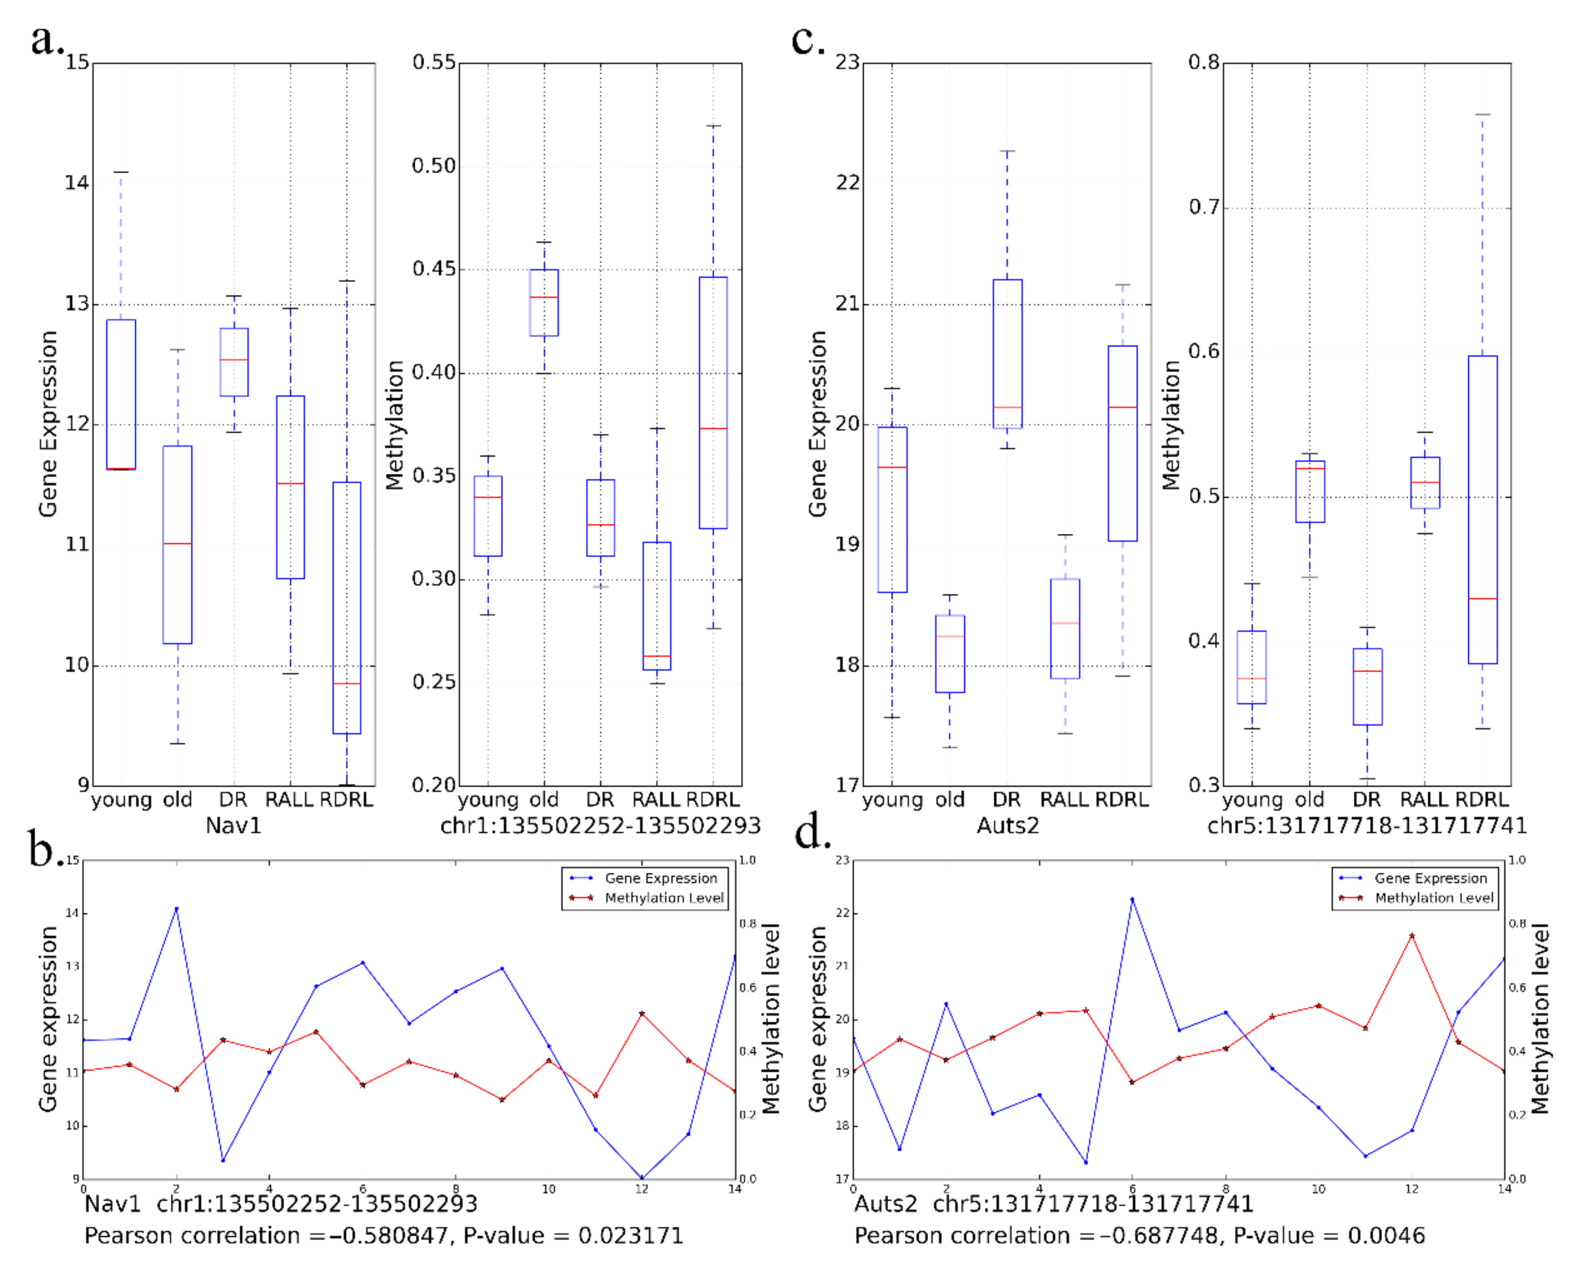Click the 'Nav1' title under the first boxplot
pyautogui.click(x=233, y=826)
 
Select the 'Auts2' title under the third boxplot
pyautogui.click(x=1007, y=826)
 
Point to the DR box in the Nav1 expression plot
pyautogui.click(x=234, y=362)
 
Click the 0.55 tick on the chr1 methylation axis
pyautogui.click(x=434, y=62)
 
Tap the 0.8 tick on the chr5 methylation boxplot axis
pyautogui.click(x=1204, y=62)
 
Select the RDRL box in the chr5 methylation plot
pyautogui.click(x=1483, y=509)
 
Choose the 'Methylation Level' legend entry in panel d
pyautogui.click(x=1434, y=897)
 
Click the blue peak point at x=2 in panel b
pyautogui.click(x=176, y=908)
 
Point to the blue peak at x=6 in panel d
pyautogui.click(x=1132, y=899)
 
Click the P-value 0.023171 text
pyautogui.click(x=631, y=1235)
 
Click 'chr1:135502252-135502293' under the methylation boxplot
pyautogui.click(x=600, y=826)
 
